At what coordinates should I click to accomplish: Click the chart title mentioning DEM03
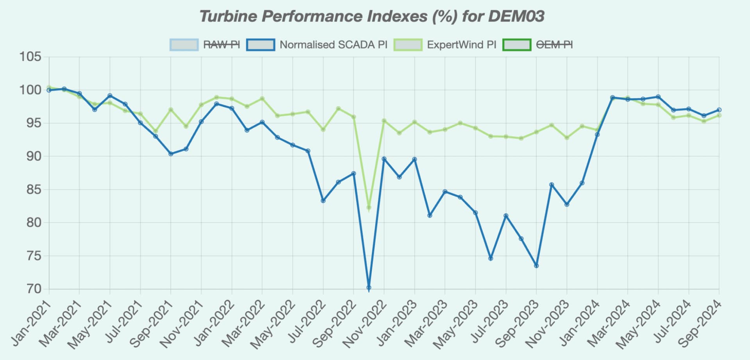pos(371,16)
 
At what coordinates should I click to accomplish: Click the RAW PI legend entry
pos(221,45)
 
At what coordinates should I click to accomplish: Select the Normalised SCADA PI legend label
pos(333,45)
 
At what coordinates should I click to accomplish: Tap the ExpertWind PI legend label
pos(461,45)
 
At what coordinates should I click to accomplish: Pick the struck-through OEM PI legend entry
pos(554,45)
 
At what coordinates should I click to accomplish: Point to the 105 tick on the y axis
pos(30,57)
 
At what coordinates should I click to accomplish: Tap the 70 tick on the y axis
pos(34,289)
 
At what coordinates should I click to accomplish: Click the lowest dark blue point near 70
pos(369,288)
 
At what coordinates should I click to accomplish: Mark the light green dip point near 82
pos(369,208)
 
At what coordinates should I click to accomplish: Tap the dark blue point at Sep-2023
pos(536,266)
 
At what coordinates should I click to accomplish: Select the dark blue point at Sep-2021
pos(171,154)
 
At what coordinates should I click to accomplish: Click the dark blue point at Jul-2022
pos(323,201)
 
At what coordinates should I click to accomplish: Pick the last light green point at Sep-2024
pos(719,116)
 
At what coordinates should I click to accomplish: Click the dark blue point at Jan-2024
pos(597,135)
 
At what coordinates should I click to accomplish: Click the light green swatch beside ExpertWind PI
pos(408,45)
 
